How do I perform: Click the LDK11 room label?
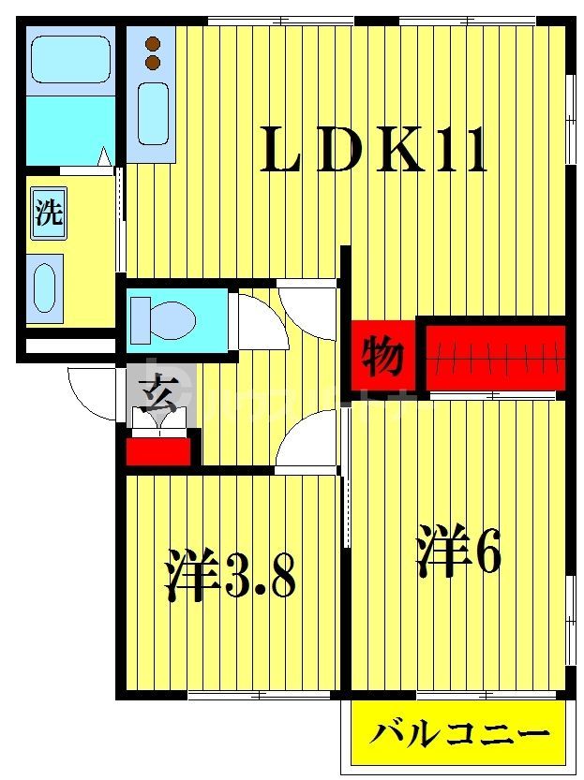[374, 151]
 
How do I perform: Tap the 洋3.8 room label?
[231, 574]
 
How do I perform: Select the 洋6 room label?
[458, 552]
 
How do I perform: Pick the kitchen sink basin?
[153, 113]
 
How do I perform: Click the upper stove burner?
[153, 42]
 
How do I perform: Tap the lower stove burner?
[153, 62]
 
